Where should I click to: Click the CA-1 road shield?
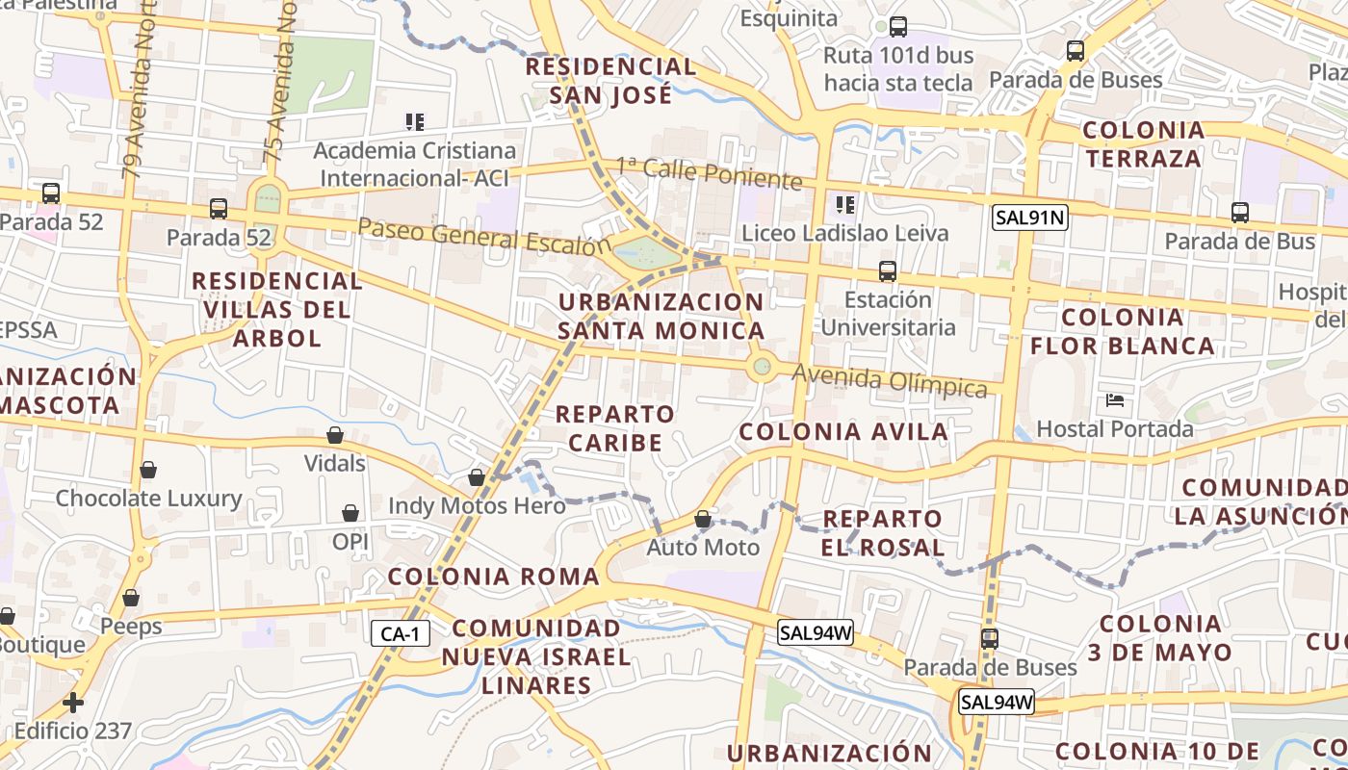400,633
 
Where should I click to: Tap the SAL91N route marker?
1029,218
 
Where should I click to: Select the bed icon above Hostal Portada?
1115,399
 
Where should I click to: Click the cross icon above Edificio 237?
73,702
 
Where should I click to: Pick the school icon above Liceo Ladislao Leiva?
845,204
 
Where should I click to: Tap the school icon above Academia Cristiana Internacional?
414,122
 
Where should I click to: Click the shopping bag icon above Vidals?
335,435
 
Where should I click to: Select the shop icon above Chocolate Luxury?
147,470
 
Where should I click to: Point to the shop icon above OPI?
350,513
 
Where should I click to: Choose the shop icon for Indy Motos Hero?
476,477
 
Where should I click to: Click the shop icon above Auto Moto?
703,520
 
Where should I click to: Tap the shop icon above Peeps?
131,598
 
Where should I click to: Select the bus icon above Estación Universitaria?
887,271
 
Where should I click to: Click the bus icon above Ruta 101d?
898,27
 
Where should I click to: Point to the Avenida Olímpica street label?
890,380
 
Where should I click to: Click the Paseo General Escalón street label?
484,236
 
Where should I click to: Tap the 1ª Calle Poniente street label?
710,173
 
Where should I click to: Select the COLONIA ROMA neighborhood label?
493,577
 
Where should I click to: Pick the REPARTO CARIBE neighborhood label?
615,428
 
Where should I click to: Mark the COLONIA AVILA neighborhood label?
843,432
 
